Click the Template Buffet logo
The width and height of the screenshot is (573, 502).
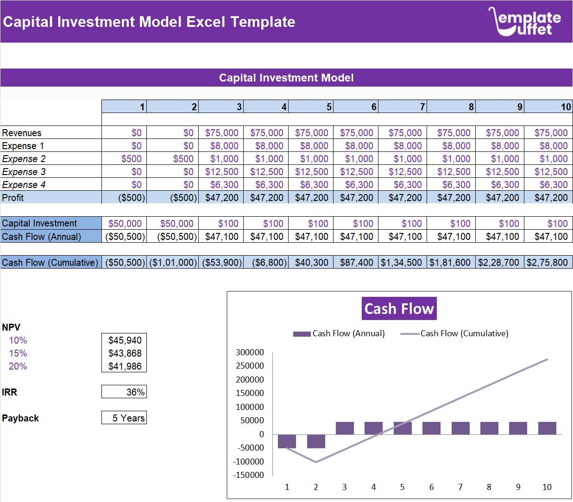point(524,21)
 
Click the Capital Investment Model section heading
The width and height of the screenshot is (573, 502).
point(286,78)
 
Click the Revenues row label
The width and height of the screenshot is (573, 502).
point(22,133)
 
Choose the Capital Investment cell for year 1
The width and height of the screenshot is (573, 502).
point(125,224)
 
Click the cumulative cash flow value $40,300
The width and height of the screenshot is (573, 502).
point(311,263)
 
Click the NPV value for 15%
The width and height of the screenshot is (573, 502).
point(125,353)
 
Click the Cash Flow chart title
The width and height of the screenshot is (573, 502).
point(399,308)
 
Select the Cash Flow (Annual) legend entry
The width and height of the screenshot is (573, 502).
point(339,333)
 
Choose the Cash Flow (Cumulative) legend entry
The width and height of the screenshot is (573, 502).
point(454,333)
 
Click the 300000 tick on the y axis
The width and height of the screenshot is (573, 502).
point(250,352)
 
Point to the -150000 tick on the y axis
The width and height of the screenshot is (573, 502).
point(248,475)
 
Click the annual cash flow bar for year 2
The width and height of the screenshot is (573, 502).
point(316,441)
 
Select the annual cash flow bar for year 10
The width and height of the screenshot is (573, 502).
point(547,428)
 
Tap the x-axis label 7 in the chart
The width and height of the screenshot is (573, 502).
point(460,487)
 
